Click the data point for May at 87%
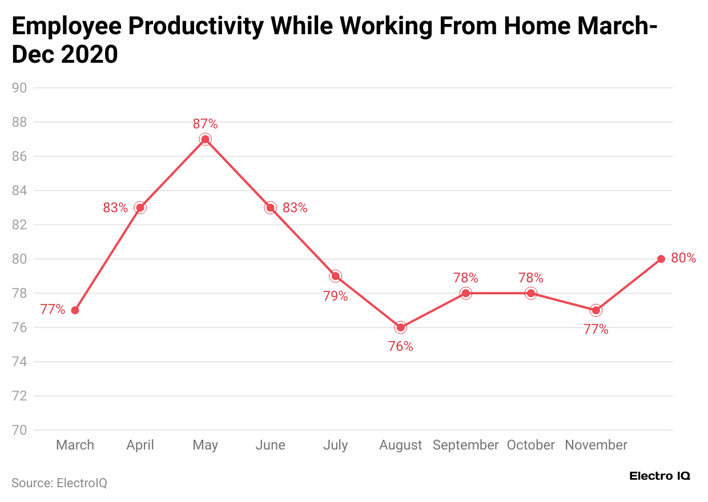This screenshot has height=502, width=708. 205,139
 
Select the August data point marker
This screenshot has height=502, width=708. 400,327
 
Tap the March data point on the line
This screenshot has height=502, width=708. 75,310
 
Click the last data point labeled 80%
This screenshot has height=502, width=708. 661,259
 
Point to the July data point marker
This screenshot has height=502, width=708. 335,276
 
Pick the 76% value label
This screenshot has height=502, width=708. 400,346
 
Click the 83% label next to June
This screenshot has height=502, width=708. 295,208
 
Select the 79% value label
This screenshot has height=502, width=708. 335,296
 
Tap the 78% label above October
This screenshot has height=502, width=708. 530,278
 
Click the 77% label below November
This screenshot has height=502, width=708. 596,329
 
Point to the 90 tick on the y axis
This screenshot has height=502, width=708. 20,88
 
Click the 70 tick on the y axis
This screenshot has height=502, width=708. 20,430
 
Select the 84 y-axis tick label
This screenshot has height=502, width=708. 20,191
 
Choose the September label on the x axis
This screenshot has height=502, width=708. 465,445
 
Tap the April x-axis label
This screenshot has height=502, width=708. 140,445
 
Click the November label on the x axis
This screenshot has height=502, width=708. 596,445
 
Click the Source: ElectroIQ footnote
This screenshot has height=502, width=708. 59,483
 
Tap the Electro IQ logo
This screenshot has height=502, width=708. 659,476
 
